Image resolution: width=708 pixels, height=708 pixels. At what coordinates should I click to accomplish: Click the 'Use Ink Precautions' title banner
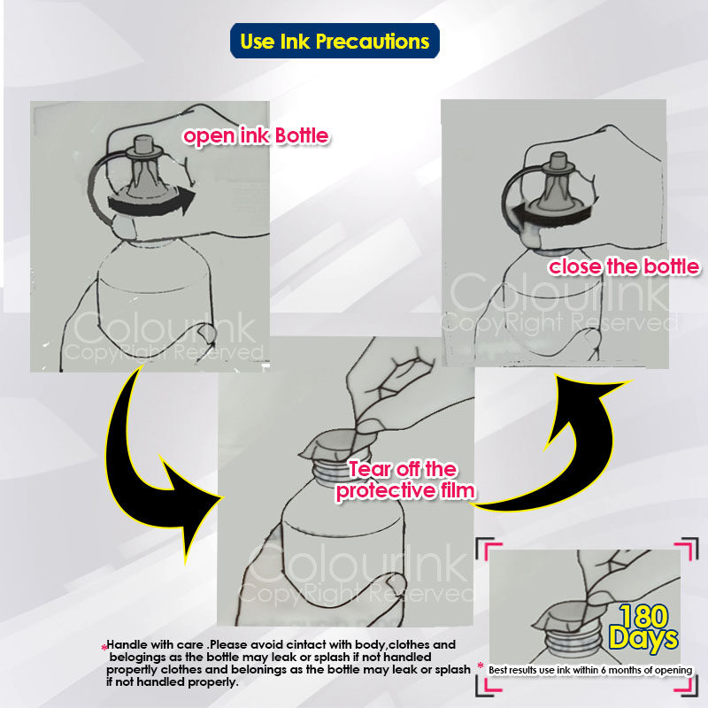point(335,41)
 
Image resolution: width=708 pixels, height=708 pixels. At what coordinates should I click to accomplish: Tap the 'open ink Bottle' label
point(256,136)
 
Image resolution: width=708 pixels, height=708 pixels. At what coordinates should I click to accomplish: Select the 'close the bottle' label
point(624,266)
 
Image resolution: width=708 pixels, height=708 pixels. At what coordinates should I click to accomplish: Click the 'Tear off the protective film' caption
point(404,481)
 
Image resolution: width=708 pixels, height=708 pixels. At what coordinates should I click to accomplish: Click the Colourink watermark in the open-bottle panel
point(165,328)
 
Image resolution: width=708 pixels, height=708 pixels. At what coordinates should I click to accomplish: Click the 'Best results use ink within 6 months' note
point(590,670)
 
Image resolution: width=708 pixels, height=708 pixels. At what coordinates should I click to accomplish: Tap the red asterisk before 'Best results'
point(480,666)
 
